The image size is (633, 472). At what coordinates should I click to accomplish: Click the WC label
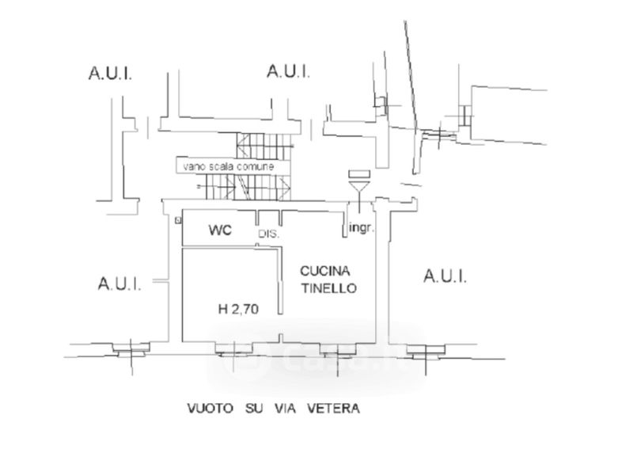point(219,231)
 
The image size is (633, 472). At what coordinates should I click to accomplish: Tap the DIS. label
point(269,234)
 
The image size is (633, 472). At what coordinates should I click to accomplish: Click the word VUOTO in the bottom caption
point(210,409)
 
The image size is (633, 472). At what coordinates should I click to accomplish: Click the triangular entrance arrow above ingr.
point(358,188)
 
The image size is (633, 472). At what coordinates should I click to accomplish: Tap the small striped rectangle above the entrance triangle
point(358,174)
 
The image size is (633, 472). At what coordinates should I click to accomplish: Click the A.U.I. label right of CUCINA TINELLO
point(445,276)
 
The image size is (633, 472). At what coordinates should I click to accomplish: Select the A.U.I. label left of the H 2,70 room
point(119,284)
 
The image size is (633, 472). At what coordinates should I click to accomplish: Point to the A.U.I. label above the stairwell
point(289,71)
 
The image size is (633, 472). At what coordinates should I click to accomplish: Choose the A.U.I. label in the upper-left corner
point(110,75)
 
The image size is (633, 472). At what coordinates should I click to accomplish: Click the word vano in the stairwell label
point(193,168)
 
